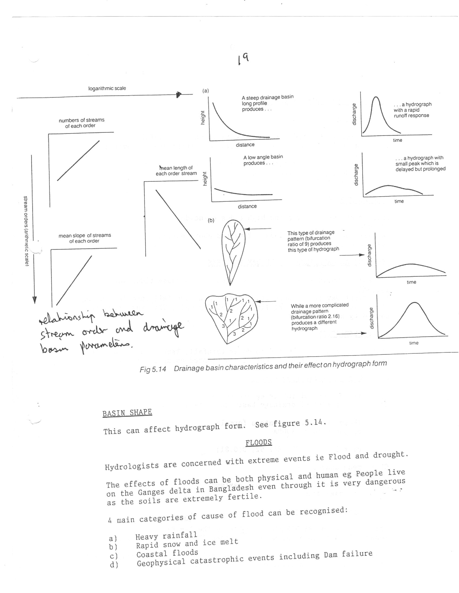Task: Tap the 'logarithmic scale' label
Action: click(x=107, y=88)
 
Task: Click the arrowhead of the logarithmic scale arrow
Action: click(x=178, y=95)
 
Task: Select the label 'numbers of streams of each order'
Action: click(x=81, y=123)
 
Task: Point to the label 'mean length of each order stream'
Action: click(x=176, y=171)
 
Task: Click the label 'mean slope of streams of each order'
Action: click(x=84, y=238)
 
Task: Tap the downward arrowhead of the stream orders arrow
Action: click(x=35, y=300)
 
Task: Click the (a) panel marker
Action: click(x=205, y=91)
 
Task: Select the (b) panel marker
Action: click(x=211, y=220)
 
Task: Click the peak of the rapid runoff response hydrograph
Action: click(x=376, y=97)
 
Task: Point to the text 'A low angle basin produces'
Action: click(x=263, y=160)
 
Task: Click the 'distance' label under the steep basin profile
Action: click(x=245, y=145)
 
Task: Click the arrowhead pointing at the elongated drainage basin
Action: click(x=247, y=229)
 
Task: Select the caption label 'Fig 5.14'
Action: click(x=153, y=370)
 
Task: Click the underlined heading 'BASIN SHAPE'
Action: click(x=127, y=413)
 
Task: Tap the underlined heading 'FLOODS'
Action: click(x=258, y=442)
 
